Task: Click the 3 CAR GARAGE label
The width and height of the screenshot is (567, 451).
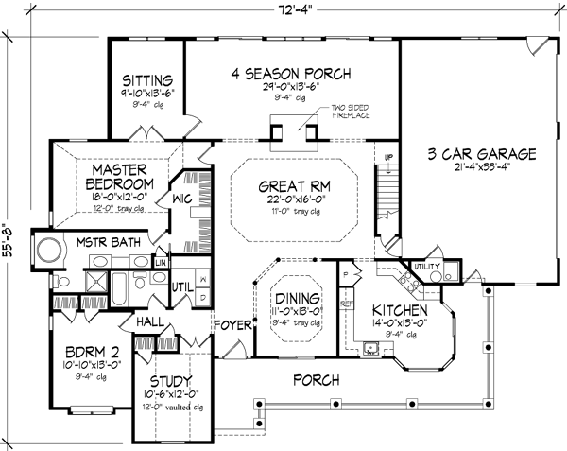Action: [x=482, y=154]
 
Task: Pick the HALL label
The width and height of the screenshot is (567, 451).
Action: [x=149, y=322]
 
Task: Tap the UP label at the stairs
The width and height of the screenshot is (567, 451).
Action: [x=388, y=157]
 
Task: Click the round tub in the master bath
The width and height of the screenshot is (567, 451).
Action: [x=46, y=253]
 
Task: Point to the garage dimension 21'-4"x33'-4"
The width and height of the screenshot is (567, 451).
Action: [x=482, y=169]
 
